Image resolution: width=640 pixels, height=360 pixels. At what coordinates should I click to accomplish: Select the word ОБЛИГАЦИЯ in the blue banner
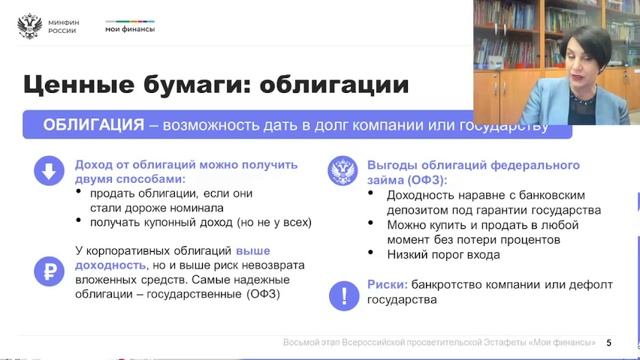coord(93,125)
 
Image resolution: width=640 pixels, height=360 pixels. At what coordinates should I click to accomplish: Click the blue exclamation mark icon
coord(344,295)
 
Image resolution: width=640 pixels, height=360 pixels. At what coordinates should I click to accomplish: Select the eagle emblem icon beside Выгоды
coord(344,172)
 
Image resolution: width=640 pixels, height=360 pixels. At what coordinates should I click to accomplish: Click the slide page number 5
coord(609,342)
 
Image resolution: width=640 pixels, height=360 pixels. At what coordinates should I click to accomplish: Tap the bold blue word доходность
coord(111,265)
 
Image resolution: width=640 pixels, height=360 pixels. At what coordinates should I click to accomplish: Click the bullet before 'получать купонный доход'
coord(79,224)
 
